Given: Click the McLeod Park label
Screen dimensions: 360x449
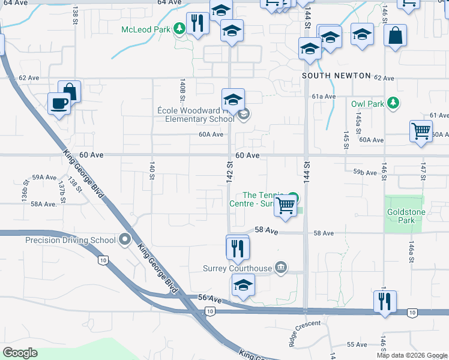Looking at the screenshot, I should [146, 29].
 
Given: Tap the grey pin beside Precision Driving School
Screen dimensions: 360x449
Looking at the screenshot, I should [125, 240].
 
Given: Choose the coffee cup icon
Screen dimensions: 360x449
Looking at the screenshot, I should [59, 103].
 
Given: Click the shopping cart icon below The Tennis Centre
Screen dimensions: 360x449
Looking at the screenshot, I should [286, 206].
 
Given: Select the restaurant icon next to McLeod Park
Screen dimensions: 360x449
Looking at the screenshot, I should [197, 23].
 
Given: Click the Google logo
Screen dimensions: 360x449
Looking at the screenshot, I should [20, 353].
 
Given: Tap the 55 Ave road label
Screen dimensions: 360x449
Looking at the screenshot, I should [357, 344].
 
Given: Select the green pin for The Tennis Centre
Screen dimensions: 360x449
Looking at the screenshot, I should [293, 196].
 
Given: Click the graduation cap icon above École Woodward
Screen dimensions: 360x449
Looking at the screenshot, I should [233, 100].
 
